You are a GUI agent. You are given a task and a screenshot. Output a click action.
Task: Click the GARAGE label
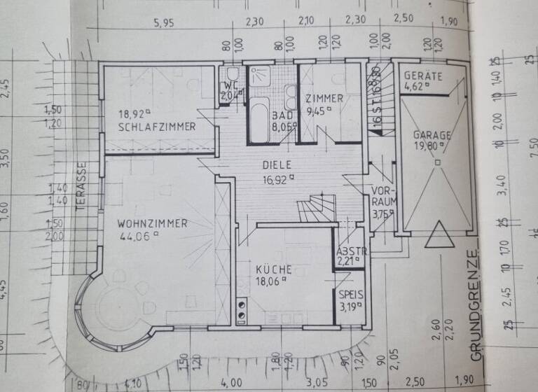432,134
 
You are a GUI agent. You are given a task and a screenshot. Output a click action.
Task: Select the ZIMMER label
324,99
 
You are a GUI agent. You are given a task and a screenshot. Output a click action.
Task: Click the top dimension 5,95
164,23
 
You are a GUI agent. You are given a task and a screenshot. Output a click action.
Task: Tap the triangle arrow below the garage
439,234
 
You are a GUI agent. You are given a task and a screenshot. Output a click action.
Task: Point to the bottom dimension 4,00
230,384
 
